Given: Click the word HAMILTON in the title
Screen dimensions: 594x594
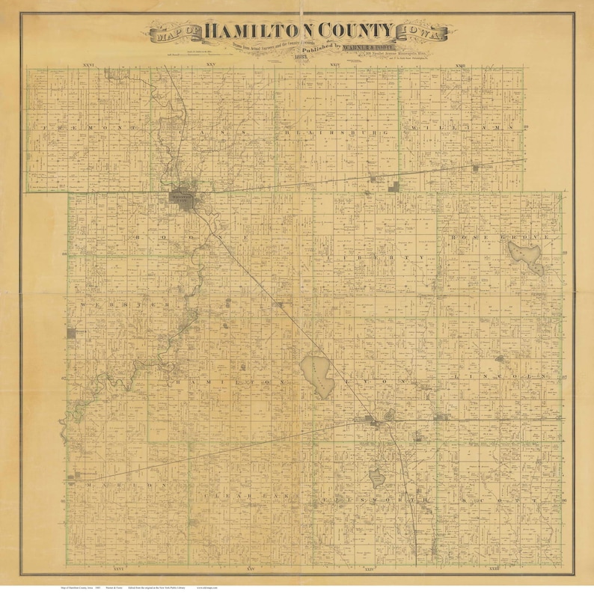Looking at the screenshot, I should click(255, 31).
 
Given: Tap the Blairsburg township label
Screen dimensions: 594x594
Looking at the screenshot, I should click(337, 132).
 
